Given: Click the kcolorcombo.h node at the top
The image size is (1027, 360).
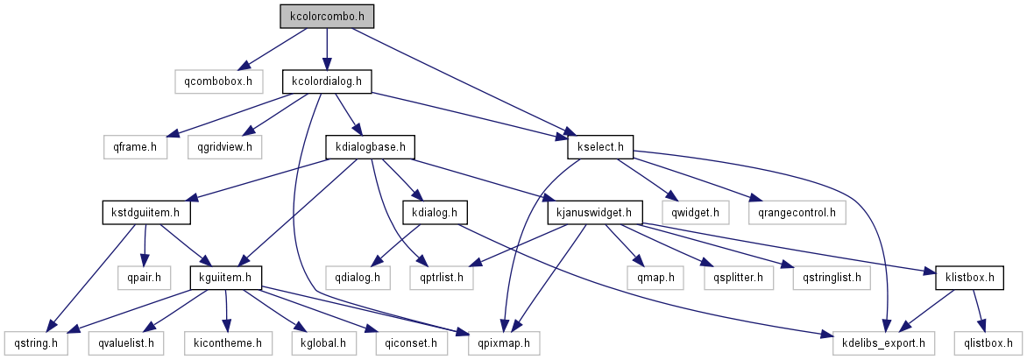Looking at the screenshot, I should (x=327, y=16).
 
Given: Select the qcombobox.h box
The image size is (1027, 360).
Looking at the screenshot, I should (x=218, y=81).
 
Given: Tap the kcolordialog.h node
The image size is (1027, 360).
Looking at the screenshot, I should (x=327, y=81).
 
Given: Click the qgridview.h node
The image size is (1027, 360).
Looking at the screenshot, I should (x=224, y=146).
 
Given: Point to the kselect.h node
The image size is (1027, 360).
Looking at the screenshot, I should (x=601, y=146).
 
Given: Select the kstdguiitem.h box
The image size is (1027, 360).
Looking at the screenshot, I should (x=145, y=212).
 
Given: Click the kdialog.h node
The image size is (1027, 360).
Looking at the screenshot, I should (x=435, y=212).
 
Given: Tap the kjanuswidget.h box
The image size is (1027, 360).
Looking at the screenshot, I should (x=595, y=212).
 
